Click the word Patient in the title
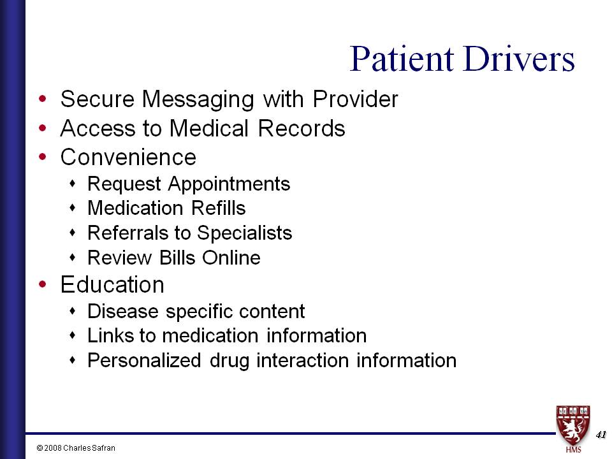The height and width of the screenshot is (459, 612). [x=402, y=59]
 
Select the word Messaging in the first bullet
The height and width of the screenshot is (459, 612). [x=198, y=100]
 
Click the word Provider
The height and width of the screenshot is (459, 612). [x=355, y=99]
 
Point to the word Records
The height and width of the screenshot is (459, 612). [x=302, y=128]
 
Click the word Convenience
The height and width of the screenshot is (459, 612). [x=128, y=157]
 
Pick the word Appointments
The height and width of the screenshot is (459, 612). [x=229, y=184]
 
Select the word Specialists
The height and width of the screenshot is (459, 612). [x=244, y=233]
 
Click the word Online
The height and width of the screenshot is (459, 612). [x=231, y=258]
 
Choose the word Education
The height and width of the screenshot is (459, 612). [x=112, y=284]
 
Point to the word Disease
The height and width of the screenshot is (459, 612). [x=123, y=311]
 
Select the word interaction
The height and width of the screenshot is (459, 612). [x=302, y=360]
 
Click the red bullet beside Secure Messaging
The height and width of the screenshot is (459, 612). [x=43, y=99]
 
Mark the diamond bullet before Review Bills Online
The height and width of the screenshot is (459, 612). [x=72, y=258]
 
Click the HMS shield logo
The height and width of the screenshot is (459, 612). [x=573, y=428]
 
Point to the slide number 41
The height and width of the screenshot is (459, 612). [x=601, y=434]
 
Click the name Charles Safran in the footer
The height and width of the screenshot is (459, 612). [x=89, y=448]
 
